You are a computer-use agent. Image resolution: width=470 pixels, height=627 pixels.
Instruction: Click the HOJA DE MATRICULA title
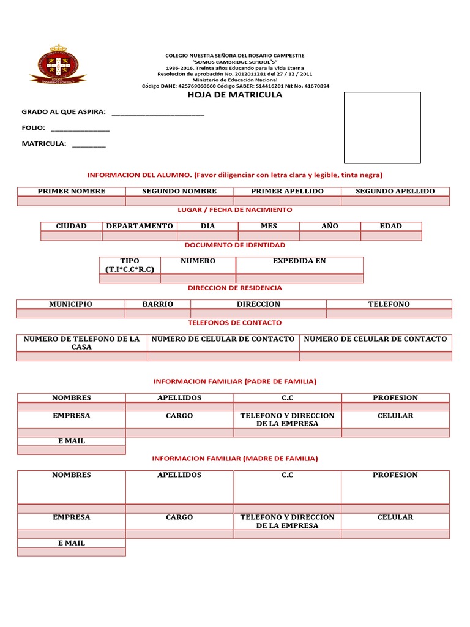pos(234,95)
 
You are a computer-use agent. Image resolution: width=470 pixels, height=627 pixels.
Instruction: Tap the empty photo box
pos(382,127)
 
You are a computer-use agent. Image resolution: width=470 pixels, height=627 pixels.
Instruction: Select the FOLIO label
pos(33,127)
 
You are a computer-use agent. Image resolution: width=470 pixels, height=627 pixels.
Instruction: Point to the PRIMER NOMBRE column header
pos(72,191)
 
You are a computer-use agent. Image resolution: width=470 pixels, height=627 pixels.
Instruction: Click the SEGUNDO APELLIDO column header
pos(395,191)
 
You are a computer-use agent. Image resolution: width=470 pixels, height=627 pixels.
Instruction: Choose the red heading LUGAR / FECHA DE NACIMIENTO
pos(235,209)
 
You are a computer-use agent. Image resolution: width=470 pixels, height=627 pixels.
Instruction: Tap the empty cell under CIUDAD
pos(71,236)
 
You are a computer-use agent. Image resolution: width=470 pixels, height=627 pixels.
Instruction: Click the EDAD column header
pos(391,226)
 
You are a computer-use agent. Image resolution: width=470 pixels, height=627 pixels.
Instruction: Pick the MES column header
pos(269,226)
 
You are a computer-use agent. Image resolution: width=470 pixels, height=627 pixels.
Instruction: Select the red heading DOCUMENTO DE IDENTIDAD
pos(235,245)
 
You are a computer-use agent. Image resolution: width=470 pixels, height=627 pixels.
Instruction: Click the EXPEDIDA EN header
pos(299,261)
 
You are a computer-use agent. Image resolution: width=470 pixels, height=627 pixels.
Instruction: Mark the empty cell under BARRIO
pos(158,313)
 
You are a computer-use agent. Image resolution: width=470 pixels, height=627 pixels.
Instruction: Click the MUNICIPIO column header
pos(71,304)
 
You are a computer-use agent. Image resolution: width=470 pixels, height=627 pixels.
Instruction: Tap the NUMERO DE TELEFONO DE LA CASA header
pos(81,343)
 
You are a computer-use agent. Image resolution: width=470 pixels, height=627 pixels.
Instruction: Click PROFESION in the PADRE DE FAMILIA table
pos(395,397)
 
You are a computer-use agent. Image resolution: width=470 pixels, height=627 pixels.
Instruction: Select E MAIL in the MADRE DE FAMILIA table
pos(71,543)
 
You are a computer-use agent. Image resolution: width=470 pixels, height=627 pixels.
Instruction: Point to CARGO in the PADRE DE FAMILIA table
pos(179,415)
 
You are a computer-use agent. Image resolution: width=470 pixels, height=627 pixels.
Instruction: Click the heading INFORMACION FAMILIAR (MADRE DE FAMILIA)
pos(235,458)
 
